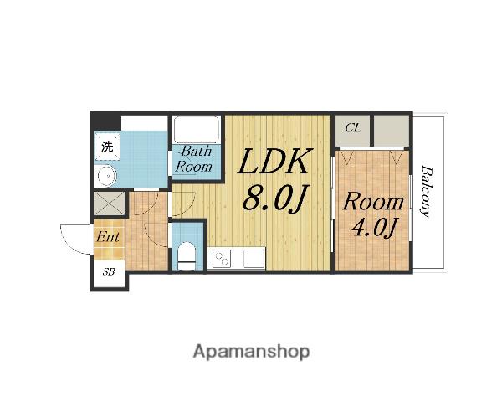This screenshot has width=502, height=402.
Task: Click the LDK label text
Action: tap(274, 162)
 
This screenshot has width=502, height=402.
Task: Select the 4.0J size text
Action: tap(374, 227)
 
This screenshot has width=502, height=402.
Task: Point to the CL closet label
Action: tap(353, 128)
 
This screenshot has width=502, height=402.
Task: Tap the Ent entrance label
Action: tap(108, 237)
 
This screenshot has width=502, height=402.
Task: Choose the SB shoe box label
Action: tap(109, 272)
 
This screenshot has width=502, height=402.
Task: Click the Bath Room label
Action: tap(194, 159)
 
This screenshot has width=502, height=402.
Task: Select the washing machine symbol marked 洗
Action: tap(107, 147)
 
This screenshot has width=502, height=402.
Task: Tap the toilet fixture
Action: tap(186, 255)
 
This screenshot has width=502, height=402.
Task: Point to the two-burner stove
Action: tap(223, 259)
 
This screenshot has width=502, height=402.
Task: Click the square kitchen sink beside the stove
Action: tap(254, 259)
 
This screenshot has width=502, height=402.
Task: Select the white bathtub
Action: tap(196, 130)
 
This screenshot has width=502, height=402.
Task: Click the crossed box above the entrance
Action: tap(109, 203)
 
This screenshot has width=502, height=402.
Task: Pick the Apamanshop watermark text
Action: tap(251, 352)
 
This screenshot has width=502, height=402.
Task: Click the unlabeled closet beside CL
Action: tap(392, 131)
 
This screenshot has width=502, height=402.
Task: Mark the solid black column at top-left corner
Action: tap(105, 121)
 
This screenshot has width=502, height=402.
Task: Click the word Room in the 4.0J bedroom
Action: tap(373, 202)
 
